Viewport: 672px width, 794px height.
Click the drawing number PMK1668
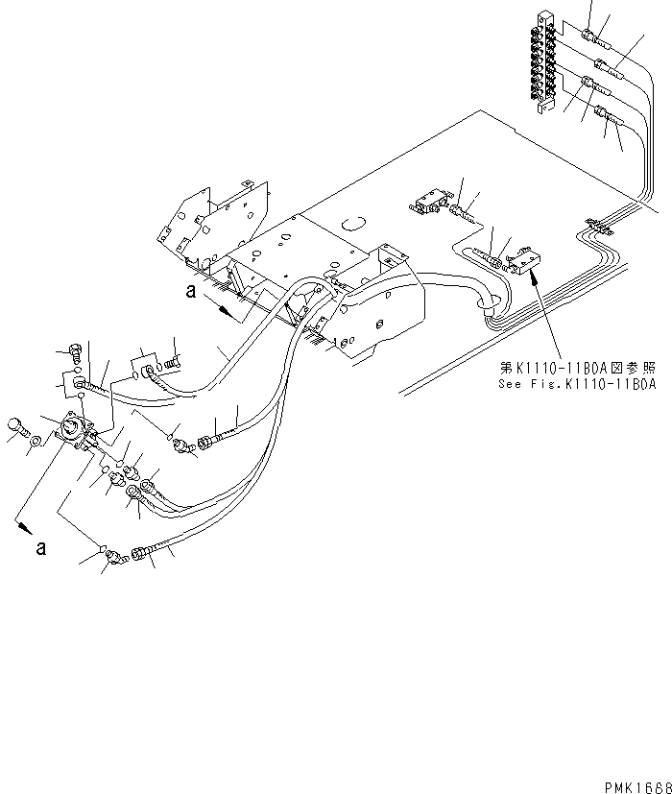coord(636,785)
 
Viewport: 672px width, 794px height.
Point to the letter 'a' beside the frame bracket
coord(193,295)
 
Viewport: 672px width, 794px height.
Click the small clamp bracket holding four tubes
coord(595,227)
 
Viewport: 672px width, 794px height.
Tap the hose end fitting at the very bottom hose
coord(140,554)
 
